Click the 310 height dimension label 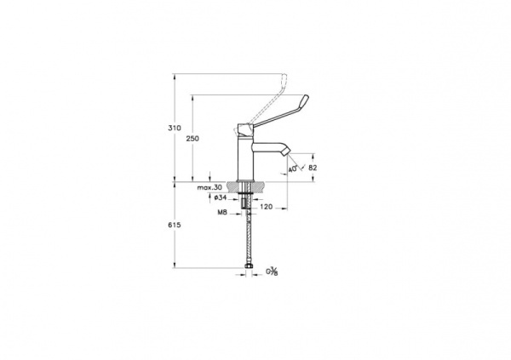click(x=174, y=128)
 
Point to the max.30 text click(x=207, y=187)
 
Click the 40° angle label click(x=295, y=169)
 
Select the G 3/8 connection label click(x=273, y=271)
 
